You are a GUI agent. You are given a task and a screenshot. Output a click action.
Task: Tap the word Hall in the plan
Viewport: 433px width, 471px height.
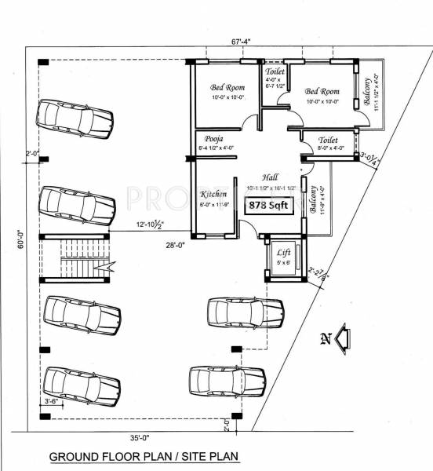coord(271,178)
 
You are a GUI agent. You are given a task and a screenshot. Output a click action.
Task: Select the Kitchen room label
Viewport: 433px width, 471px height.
coord(213,194)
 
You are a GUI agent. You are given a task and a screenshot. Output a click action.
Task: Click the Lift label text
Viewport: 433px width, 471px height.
coord(282,253)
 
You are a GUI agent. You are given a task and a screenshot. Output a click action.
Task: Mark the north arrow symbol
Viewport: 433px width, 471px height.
coord(342,339)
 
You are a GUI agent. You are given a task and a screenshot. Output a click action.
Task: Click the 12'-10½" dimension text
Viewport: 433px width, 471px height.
coord(149,226)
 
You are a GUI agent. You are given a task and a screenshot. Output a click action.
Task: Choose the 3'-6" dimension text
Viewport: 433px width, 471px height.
coord(53,401)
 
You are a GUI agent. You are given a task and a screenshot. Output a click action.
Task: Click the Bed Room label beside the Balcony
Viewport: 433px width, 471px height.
coord(322,91)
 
